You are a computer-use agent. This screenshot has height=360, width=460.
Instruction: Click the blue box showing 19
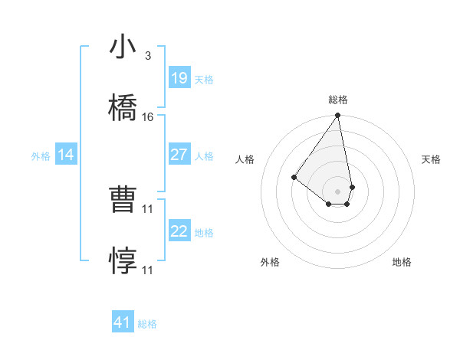tap(179, 78)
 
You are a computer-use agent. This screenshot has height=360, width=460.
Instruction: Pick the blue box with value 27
tap(179, 155)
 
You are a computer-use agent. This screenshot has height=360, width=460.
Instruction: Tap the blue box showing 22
tap(179, 231)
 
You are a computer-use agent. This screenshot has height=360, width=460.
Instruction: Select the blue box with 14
tap(66, 155)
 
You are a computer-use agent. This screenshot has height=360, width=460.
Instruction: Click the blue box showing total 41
tap(123, 322)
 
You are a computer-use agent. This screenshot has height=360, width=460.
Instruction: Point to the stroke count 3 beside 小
tap(147, 56)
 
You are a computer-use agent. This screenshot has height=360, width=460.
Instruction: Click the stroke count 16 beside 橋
tap(148, 117)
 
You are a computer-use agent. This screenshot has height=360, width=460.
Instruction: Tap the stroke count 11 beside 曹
tap(148, 208)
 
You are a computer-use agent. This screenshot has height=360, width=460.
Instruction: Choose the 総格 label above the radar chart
tap(338, 100)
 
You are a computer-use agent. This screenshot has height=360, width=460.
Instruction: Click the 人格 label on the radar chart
tap(245, 159)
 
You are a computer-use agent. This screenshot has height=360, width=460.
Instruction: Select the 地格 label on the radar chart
tap(402, 262)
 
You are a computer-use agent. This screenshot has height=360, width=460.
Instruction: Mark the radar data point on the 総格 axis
tap(337, 116)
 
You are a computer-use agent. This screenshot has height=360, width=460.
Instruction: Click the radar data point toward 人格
tap(294, 177)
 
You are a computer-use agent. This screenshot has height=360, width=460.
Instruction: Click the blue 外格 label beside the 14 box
tap(41, 155)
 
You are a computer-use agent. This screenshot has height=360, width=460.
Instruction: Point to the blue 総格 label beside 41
tap(147, 324)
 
